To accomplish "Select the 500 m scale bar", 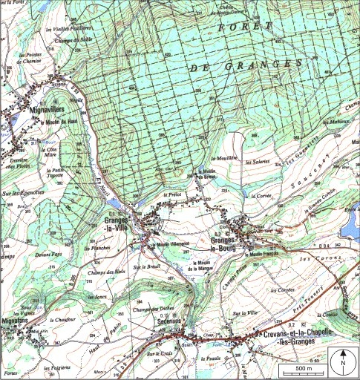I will (x=304, y=369).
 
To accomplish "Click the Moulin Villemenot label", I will (x=173, y=242).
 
